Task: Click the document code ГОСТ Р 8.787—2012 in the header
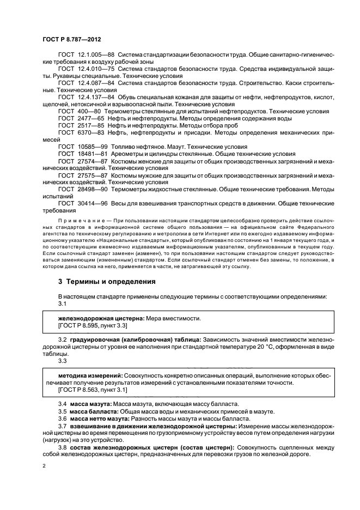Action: [x=71, y=40]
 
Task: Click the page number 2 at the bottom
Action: [x=44, y=466]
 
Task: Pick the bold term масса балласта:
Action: [x=92, y=411]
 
